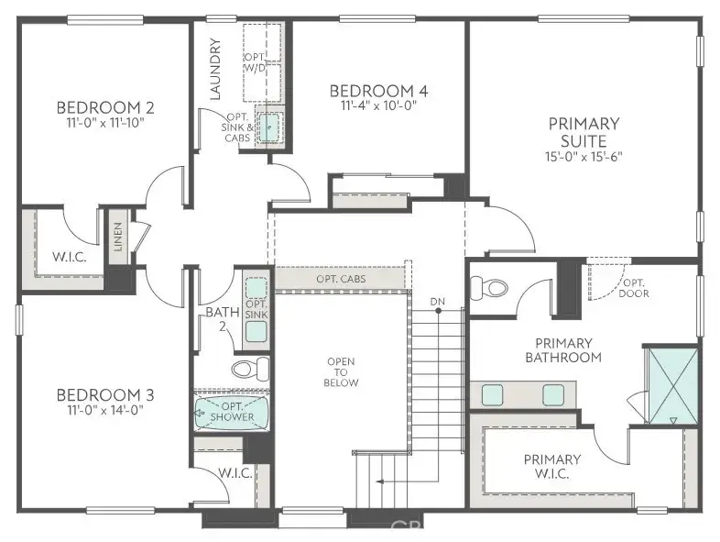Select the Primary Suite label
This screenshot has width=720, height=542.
point(584,131)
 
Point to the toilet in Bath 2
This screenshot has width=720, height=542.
point(250,369)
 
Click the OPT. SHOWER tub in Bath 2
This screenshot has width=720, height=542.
point(232,413)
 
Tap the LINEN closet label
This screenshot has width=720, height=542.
point(118,236)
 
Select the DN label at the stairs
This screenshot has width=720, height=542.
point(438,302)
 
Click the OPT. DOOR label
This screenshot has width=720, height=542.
point(634,288)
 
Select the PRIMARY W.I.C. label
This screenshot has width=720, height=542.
point(551,466)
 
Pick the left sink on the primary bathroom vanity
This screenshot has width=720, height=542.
point(494,394)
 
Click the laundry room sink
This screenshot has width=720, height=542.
point(267,127)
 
